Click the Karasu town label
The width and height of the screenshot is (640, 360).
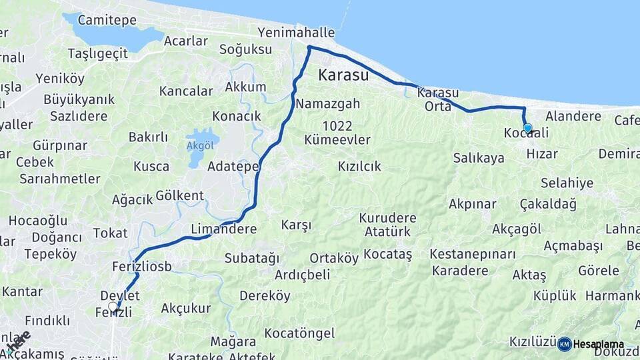point(343,75)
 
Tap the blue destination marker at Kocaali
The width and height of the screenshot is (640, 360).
point(527,128)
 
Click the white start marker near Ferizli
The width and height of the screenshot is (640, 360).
point(113,307)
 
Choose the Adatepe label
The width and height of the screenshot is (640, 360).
point(233,166)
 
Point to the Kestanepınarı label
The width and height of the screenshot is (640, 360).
point(473,254)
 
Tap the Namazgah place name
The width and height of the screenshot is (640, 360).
point(328,103)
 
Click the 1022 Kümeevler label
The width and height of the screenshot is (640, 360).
point(337,133)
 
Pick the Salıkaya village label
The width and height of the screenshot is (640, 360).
point(479,158)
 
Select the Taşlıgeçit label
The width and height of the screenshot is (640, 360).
point(98,53)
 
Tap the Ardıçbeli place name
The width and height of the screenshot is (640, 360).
point(303,275)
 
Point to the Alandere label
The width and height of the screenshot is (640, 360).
point(573,116)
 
